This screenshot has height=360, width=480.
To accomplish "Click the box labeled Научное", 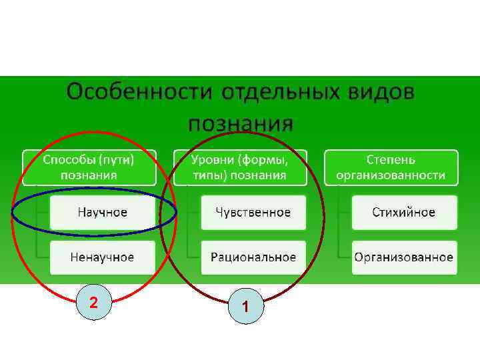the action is (102, 213).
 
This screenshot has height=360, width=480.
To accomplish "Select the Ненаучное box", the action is (102, 257).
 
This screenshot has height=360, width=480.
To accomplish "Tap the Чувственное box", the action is (253, 213).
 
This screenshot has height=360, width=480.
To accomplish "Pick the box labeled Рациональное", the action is (253, 257).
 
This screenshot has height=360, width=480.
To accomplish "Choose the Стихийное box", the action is (403, 213).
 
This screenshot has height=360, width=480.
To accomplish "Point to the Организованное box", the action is (403, 257).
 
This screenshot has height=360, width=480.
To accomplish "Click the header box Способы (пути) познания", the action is (89, 167).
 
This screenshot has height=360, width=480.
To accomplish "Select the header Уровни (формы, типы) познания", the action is (239, 167).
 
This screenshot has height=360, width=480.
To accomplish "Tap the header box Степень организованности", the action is (391, 167).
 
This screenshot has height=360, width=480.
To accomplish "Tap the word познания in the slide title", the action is (240, 123).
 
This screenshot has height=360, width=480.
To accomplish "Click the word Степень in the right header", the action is (391, 160).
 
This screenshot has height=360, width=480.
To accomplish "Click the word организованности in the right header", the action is (391, 175).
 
